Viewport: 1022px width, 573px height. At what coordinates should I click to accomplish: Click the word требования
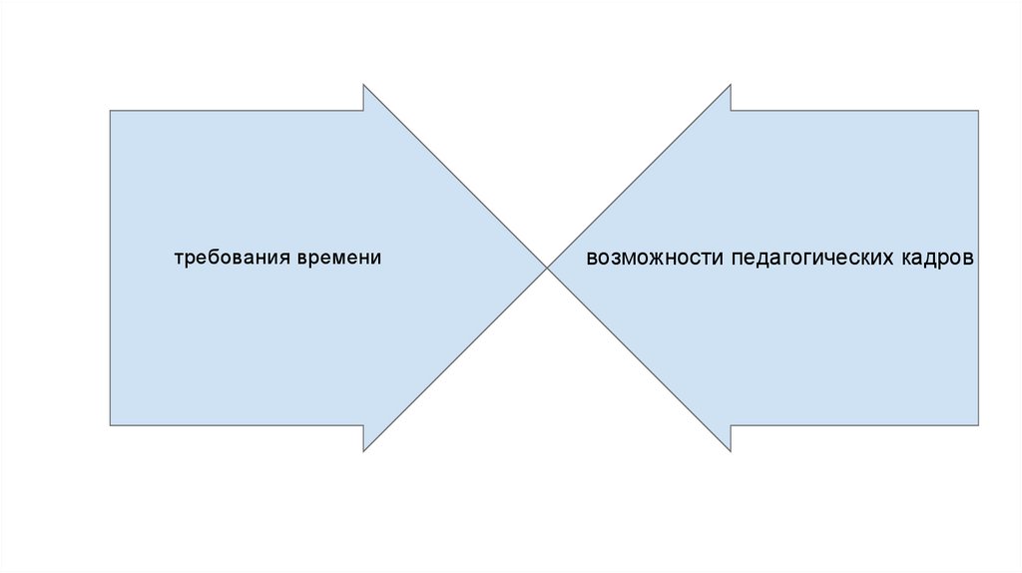point(233,258)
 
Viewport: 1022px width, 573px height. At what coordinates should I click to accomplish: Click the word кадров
point(937,258)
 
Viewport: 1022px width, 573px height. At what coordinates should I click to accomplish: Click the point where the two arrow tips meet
point(547,268)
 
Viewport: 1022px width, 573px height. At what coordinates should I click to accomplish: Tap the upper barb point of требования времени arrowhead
point(363,85)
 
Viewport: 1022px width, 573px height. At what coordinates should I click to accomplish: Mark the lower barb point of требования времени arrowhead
point(363,451)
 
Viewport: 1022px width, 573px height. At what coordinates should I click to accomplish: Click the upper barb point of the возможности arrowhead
point(731,85)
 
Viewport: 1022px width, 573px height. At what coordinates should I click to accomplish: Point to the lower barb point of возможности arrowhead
point(731,451)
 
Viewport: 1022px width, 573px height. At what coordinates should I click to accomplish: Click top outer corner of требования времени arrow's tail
point(110,111)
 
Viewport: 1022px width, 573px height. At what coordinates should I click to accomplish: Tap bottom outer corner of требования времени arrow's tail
point(110,425)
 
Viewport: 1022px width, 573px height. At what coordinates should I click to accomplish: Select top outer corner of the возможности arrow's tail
point(978,111)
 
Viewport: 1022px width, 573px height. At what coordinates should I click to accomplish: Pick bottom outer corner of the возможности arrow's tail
point(978,425)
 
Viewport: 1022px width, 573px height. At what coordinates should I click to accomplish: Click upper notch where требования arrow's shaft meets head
point(363,111)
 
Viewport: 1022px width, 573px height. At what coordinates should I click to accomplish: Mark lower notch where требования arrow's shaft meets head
point(363,425)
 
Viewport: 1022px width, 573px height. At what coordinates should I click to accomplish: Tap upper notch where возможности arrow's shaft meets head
point(731,111)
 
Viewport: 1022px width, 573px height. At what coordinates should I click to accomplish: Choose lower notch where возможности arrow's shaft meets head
point(731,425)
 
